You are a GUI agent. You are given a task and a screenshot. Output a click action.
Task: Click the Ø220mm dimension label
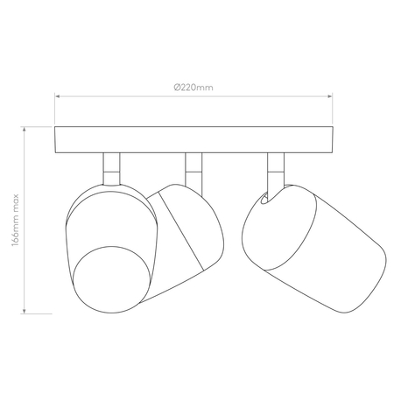pos(193,88)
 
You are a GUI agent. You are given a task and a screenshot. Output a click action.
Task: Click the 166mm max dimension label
pos(15,220)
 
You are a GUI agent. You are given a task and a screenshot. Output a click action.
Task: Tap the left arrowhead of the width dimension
pos(58,96)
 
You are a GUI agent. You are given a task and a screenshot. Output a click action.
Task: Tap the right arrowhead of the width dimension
pos(330,96)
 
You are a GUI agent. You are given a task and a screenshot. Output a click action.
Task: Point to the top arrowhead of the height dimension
pos(25,129)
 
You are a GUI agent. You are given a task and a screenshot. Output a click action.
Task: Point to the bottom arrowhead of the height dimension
pos(25,311)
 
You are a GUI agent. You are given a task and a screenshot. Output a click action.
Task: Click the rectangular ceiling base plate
pos(193,139)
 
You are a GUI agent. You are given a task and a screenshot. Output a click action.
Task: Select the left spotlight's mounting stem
pos(111,169)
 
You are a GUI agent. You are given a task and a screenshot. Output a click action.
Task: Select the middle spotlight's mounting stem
pos(193,171)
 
